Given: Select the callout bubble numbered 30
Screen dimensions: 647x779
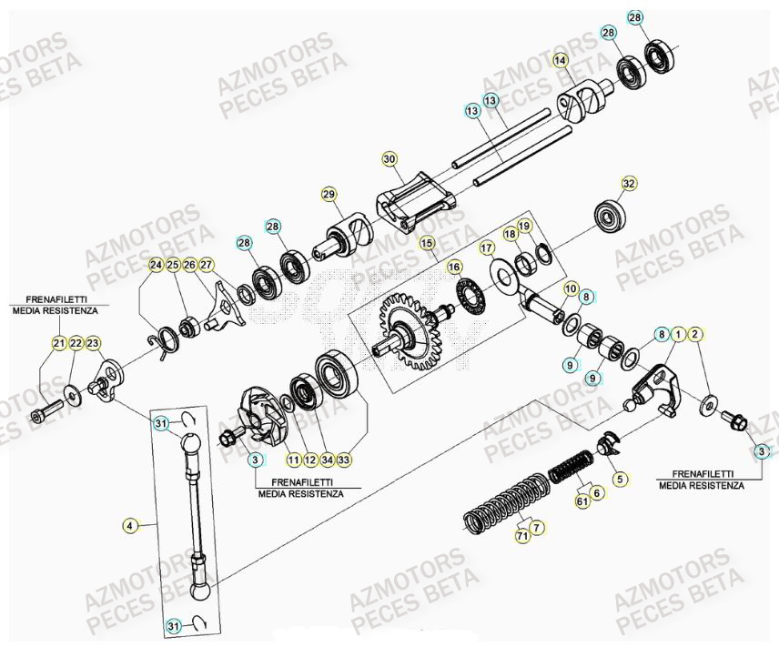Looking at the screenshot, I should [x=389, y=159].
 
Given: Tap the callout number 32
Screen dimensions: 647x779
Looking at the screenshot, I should [x=628, y=183].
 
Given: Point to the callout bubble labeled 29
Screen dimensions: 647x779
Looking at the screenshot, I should [x=329, y=194].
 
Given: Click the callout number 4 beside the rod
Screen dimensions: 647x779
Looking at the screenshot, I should [x=129, y=525].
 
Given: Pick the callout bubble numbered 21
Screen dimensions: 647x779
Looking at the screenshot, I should [x=59, y=343].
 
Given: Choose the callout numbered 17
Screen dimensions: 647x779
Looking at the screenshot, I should [x=487, y=247].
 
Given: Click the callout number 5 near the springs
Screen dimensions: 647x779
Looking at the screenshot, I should [x=619, y=478].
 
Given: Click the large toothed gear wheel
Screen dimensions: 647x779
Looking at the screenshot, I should [x=410, y=332].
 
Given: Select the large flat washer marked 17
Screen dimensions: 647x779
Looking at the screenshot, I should [x=502, y=274].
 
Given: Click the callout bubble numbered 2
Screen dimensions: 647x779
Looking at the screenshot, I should [x=695, y=335].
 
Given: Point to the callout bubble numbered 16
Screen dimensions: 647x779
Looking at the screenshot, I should [x=454, y=268].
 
